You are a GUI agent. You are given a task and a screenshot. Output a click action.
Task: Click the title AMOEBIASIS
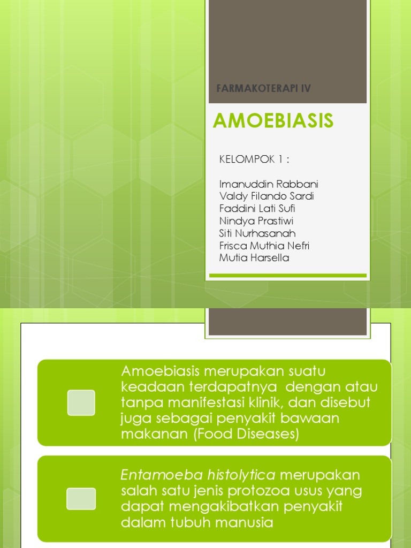click(x=273, y=121)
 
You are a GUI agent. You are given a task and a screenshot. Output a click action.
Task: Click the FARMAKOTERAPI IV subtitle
click(x=263, y=88)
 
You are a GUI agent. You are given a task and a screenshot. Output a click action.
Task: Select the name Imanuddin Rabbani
click(x=269, y=185)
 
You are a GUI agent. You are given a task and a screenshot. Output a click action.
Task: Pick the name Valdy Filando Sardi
click(x=267, y=196)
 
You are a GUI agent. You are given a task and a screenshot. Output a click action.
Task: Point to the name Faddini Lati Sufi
click(x=257, y=209)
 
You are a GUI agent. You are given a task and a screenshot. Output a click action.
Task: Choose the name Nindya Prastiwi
click(x=256, y=221)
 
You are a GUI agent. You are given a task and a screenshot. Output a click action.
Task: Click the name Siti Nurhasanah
click(x=257, y=233)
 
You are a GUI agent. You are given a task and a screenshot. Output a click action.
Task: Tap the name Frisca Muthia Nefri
click(x=264, y=246)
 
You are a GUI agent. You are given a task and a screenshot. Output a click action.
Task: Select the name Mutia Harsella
click(x=254, y=258)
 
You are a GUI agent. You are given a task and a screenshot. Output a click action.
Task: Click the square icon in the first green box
click(x=81, y=402)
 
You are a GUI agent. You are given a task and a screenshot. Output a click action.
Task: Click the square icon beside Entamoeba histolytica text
click(x=81, y=498)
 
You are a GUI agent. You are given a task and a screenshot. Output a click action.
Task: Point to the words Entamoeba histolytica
click(x=198, y=475)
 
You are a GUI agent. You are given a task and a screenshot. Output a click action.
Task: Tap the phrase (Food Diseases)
click(x=246, y=434)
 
